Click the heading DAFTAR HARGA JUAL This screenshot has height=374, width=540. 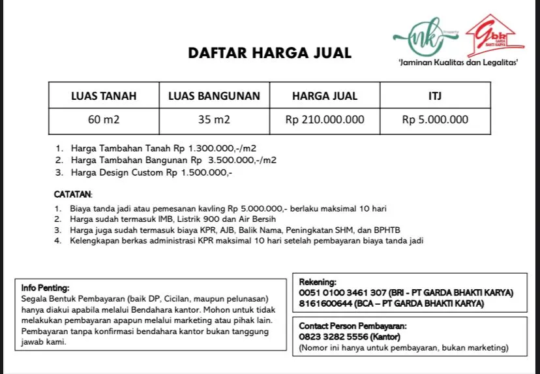(x=269, y=53)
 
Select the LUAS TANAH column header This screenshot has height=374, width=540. (x=104, y=96)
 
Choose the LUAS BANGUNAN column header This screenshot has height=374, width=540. (x=214, y=96)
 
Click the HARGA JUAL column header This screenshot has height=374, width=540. (x=325, y=96)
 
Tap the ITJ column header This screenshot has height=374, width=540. (x=435, y=96)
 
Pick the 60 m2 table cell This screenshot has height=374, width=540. (x=104, y=120)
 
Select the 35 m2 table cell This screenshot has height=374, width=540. (x=214, y=120)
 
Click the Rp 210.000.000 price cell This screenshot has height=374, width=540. (x=325, y=120)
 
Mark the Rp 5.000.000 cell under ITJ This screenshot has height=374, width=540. (x=435, y=120)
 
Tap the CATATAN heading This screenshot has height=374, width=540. (x=73, y=194)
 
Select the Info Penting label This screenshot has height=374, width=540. (x=45, y=287)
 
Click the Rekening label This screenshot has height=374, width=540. (x=318, y=281)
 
